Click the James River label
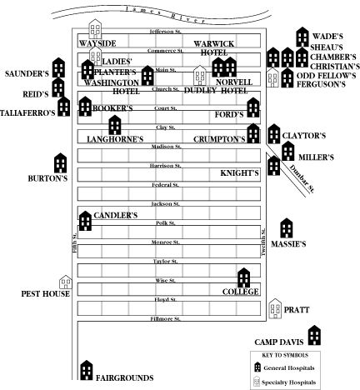pyautogui.click(x=165, y=15)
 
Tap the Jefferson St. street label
pyautogui.click(x=166, y=32)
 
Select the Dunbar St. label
pyautogui.click(x=302, y=179)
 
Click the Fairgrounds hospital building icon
pyautogui.click(x=87, y=370)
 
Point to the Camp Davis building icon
pyautogui.click(x=314, y=335)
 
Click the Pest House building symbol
pyautogui.click(x=66, y=282)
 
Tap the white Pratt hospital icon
pyautogui.click(x=275, y=308)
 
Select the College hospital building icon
pyautogui.click(x=244, y=277)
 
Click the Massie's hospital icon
pyautogui.click(x=287, y=228)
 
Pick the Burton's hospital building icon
pyautogui.click(x=60, y=162)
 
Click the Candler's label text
pyautogui.click(x=116, y=215)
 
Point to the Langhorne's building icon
pyautogui.click(x=115, y=125)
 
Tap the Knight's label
pyautogui.click(x=239, y=173)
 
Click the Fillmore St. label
pyautogui.click(x=165, y=319)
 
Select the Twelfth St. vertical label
pyautogui.click(x=263, y=242)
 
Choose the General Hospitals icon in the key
pyautogui.click(x=257, y=367)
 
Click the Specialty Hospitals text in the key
pyautogui.click(x=288, y=382)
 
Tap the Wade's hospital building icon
pyautogui.click(x=302, y=37)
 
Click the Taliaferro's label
pyautogui.click(x=27, y=112)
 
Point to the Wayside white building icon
pyautogui.click(x=95, y=29)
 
